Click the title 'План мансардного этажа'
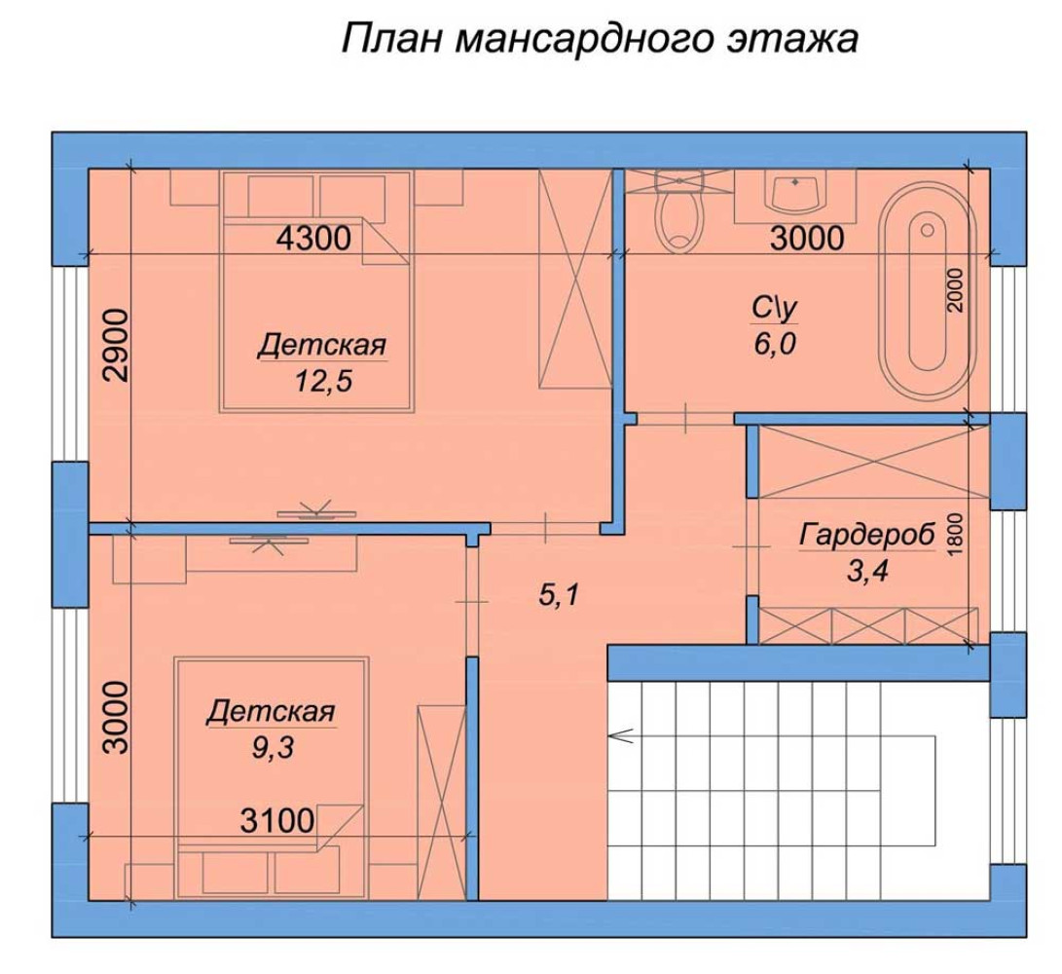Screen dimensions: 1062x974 [600, 39]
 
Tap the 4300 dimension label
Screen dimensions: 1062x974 [314, 239]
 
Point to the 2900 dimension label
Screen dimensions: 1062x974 [116, 345]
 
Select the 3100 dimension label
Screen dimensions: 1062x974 [277, 821]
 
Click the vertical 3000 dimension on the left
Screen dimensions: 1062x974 [116, 717]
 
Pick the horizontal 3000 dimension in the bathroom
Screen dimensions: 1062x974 [807, 239]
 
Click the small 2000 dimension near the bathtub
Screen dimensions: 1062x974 [955, 289]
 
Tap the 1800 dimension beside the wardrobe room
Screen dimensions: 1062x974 [955, 534]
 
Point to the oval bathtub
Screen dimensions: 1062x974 [927, 291]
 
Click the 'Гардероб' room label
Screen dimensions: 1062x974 [867, 535]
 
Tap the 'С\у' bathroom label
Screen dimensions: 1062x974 [775, 309]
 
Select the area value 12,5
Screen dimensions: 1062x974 [324, 382]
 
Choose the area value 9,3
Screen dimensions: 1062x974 [273, 748]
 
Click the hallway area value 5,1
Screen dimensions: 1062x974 [559, 596]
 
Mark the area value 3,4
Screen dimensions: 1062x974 [867, 572]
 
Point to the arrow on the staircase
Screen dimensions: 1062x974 [621, 735]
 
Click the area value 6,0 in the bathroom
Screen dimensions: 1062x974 [775, 345]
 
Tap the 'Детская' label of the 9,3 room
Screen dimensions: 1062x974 [271, 712]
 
